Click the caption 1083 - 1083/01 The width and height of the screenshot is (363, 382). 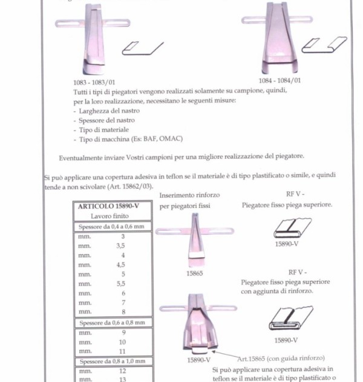[94, 82]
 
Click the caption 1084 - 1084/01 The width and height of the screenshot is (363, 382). [280, 81]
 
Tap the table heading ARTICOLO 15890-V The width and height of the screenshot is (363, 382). [108, 206]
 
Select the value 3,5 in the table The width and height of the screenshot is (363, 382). [120, 246]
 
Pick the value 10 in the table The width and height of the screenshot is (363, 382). [122, 342]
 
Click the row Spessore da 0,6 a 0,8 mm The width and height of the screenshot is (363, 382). [113, 323]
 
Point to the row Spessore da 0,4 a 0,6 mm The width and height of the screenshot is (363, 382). [111, 227]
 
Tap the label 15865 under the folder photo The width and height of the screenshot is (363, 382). [195, 273]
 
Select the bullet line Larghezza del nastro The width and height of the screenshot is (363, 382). [106, 111]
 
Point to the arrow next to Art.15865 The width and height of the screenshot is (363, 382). [225, 355]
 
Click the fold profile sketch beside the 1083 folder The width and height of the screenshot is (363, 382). [143, 49]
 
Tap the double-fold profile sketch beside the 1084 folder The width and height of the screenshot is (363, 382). [324, 45]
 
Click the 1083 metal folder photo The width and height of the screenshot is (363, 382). [93, 39]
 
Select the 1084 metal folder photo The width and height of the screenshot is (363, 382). [278, 38]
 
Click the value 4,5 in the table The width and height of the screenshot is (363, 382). [120, 264]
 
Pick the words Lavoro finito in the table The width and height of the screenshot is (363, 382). [110, 216]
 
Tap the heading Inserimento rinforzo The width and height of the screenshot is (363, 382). [189, 195]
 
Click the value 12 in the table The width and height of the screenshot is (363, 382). [123, 371]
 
